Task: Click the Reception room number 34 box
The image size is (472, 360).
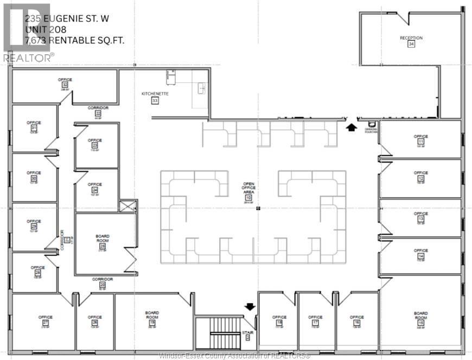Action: click(x=411, y=44)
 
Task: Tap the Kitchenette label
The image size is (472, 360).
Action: click(x=155, y=94)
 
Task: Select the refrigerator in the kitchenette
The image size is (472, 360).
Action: click(x=171, y=78)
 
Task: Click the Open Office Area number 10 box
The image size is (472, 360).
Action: click(x=248, y=198)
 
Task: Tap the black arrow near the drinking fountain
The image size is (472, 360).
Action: click(x=351, y=127)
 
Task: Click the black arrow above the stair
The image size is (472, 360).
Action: click(x=250, y=307)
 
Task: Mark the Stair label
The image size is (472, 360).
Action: click(x=248, y=332)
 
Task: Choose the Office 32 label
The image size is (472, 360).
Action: click(x=65, y=80)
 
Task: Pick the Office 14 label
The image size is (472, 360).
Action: click(x=420, y=250)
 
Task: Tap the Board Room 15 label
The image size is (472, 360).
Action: click(x=420, y=313)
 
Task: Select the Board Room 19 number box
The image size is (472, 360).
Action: click(x=152, y=323)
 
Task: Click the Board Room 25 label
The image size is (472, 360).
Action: click(x=103, y=236)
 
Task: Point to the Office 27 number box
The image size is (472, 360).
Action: click(x=45, y=323)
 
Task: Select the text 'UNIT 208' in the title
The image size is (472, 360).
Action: click(x=46, y=29)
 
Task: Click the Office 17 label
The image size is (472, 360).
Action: click(x=315, y=317)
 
